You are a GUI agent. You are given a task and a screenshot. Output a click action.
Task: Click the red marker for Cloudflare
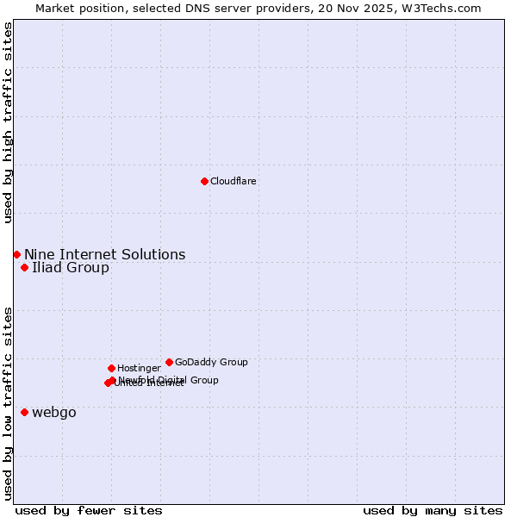pos(204,181)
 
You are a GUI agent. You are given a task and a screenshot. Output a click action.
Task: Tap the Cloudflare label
pos(233,181)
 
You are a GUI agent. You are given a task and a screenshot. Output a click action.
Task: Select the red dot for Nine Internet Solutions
pos(16,254)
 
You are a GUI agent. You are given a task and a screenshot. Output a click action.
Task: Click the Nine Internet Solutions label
pos(104,254)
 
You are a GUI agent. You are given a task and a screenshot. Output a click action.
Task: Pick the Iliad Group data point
pos(24,267)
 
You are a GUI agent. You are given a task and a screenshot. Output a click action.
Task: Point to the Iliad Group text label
pos(71,267)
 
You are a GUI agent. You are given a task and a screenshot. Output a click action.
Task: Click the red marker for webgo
pos(24,412)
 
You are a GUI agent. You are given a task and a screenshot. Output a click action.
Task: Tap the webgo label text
pos(54,412)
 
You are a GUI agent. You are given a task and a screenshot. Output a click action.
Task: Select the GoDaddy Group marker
pos(169,362)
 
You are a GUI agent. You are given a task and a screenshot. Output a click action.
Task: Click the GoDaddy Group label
pos(211,362)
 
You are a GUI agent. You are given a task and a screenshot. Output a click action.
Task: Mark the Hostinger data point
pos(111,368)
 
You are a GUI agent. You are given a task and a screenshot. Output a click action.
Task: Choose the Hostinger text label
pos(139,368)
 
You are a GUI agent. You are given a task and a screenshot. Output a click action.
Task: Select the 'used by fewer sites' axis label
pos(89,510)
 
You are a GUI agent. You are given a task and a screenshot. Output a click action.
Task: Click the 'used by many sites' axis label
pos(433,510)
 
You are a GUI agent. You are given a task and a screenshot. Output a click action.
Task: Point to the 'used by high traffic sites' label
pos(8,122)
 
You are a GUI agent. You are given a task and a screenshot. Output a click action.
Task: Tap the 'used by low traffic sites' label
pos(8,402)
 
